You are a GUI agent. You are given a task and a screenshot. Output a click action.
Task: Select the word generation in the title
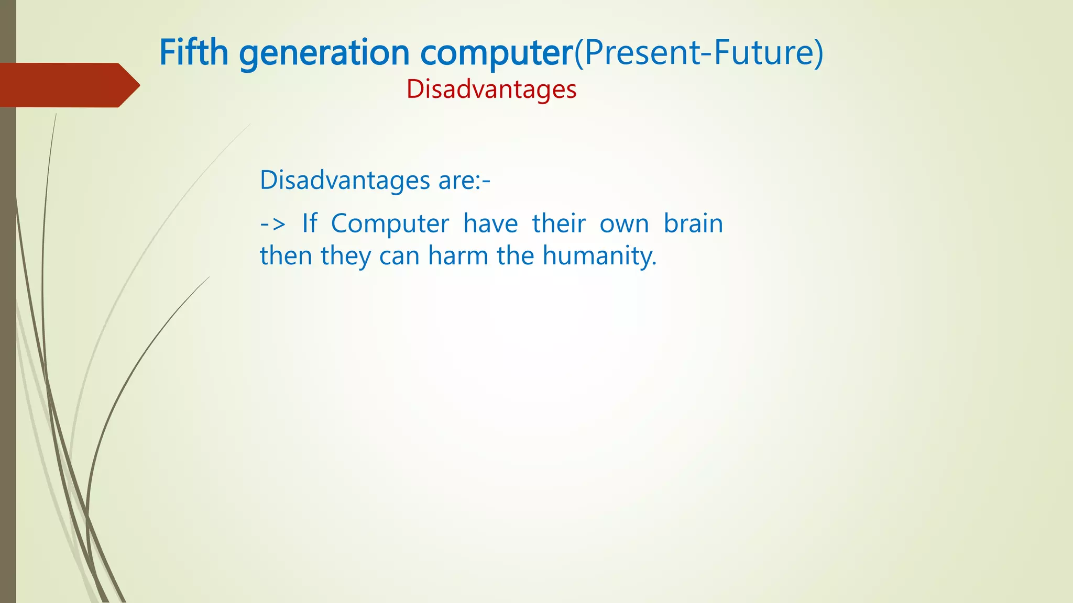coord(324,53)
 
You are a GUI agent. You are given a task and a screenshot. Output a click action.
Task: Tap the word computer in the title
coord(497,53)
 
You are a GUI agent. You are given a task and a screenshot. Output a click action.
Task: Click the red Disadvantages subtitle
coord(491,89)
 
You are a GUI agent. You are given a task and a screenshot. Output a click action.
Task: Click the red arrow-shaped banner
coord(68,85)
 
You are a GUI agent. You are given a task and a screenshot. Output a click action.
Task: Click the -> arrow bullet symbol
coord(272,224)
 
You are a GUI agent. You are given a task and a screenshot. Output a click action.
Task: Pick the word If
coord(310,224)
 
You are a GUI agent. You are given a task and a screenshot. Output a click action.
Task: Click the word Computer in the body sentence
coord(390,224)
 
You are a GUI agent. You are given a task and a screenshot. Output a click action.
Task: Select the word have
coord(490,224)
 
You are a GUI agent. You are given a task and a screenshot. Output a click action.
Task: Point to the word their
coord(559,224)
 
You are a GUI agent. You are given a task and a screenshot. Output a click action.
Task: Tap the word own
coord(624,224)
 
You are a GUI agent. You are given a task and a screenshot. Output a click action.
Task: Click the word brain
coord(693,224)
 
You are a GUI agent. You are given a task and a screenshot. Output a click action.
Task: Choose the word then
coord(286,256)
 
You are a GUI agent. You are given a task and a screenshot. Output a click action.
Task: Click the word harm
coord(458,256)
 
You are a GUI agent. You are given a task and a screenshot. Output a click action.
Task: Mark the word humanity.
coord(599,256)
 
